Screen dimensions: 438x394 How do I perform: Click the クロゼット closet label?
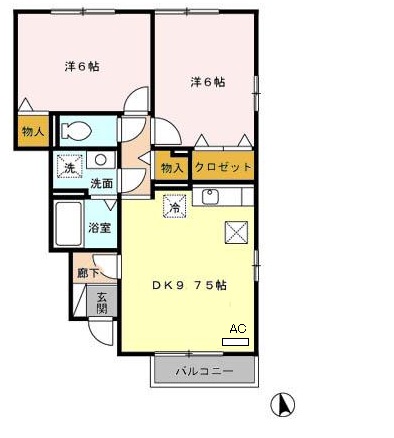(224, 168)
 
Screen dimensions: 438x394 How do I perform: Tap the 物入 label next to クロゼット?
(172, 168)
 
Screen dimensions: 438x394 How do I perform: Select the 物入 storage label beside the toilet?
(32, 131)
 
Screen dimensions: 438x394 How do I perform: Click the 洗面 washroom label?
(102, 184)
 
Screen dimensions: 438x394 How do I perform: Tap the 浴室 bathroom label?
(99, 227)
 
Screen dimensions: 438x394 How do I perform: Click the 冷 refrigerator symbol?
(174, 208)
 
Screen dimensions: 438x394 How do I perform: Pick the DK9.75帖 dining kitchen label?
(190, 284)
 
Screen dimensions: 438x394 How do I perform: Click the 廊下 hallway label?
(86, 271)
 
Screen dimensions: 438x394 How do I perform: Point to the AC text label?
(238, 328)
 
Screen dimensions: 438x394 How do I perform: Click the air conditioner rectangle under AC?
(237, 341)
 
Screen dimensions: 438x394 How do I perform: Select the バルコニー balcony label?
(205, 372)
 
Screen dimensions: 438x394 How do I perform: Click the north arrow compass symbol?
(284, 404)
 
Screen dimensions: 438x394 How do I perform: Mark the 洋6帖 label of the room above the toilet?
(81, 66)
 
